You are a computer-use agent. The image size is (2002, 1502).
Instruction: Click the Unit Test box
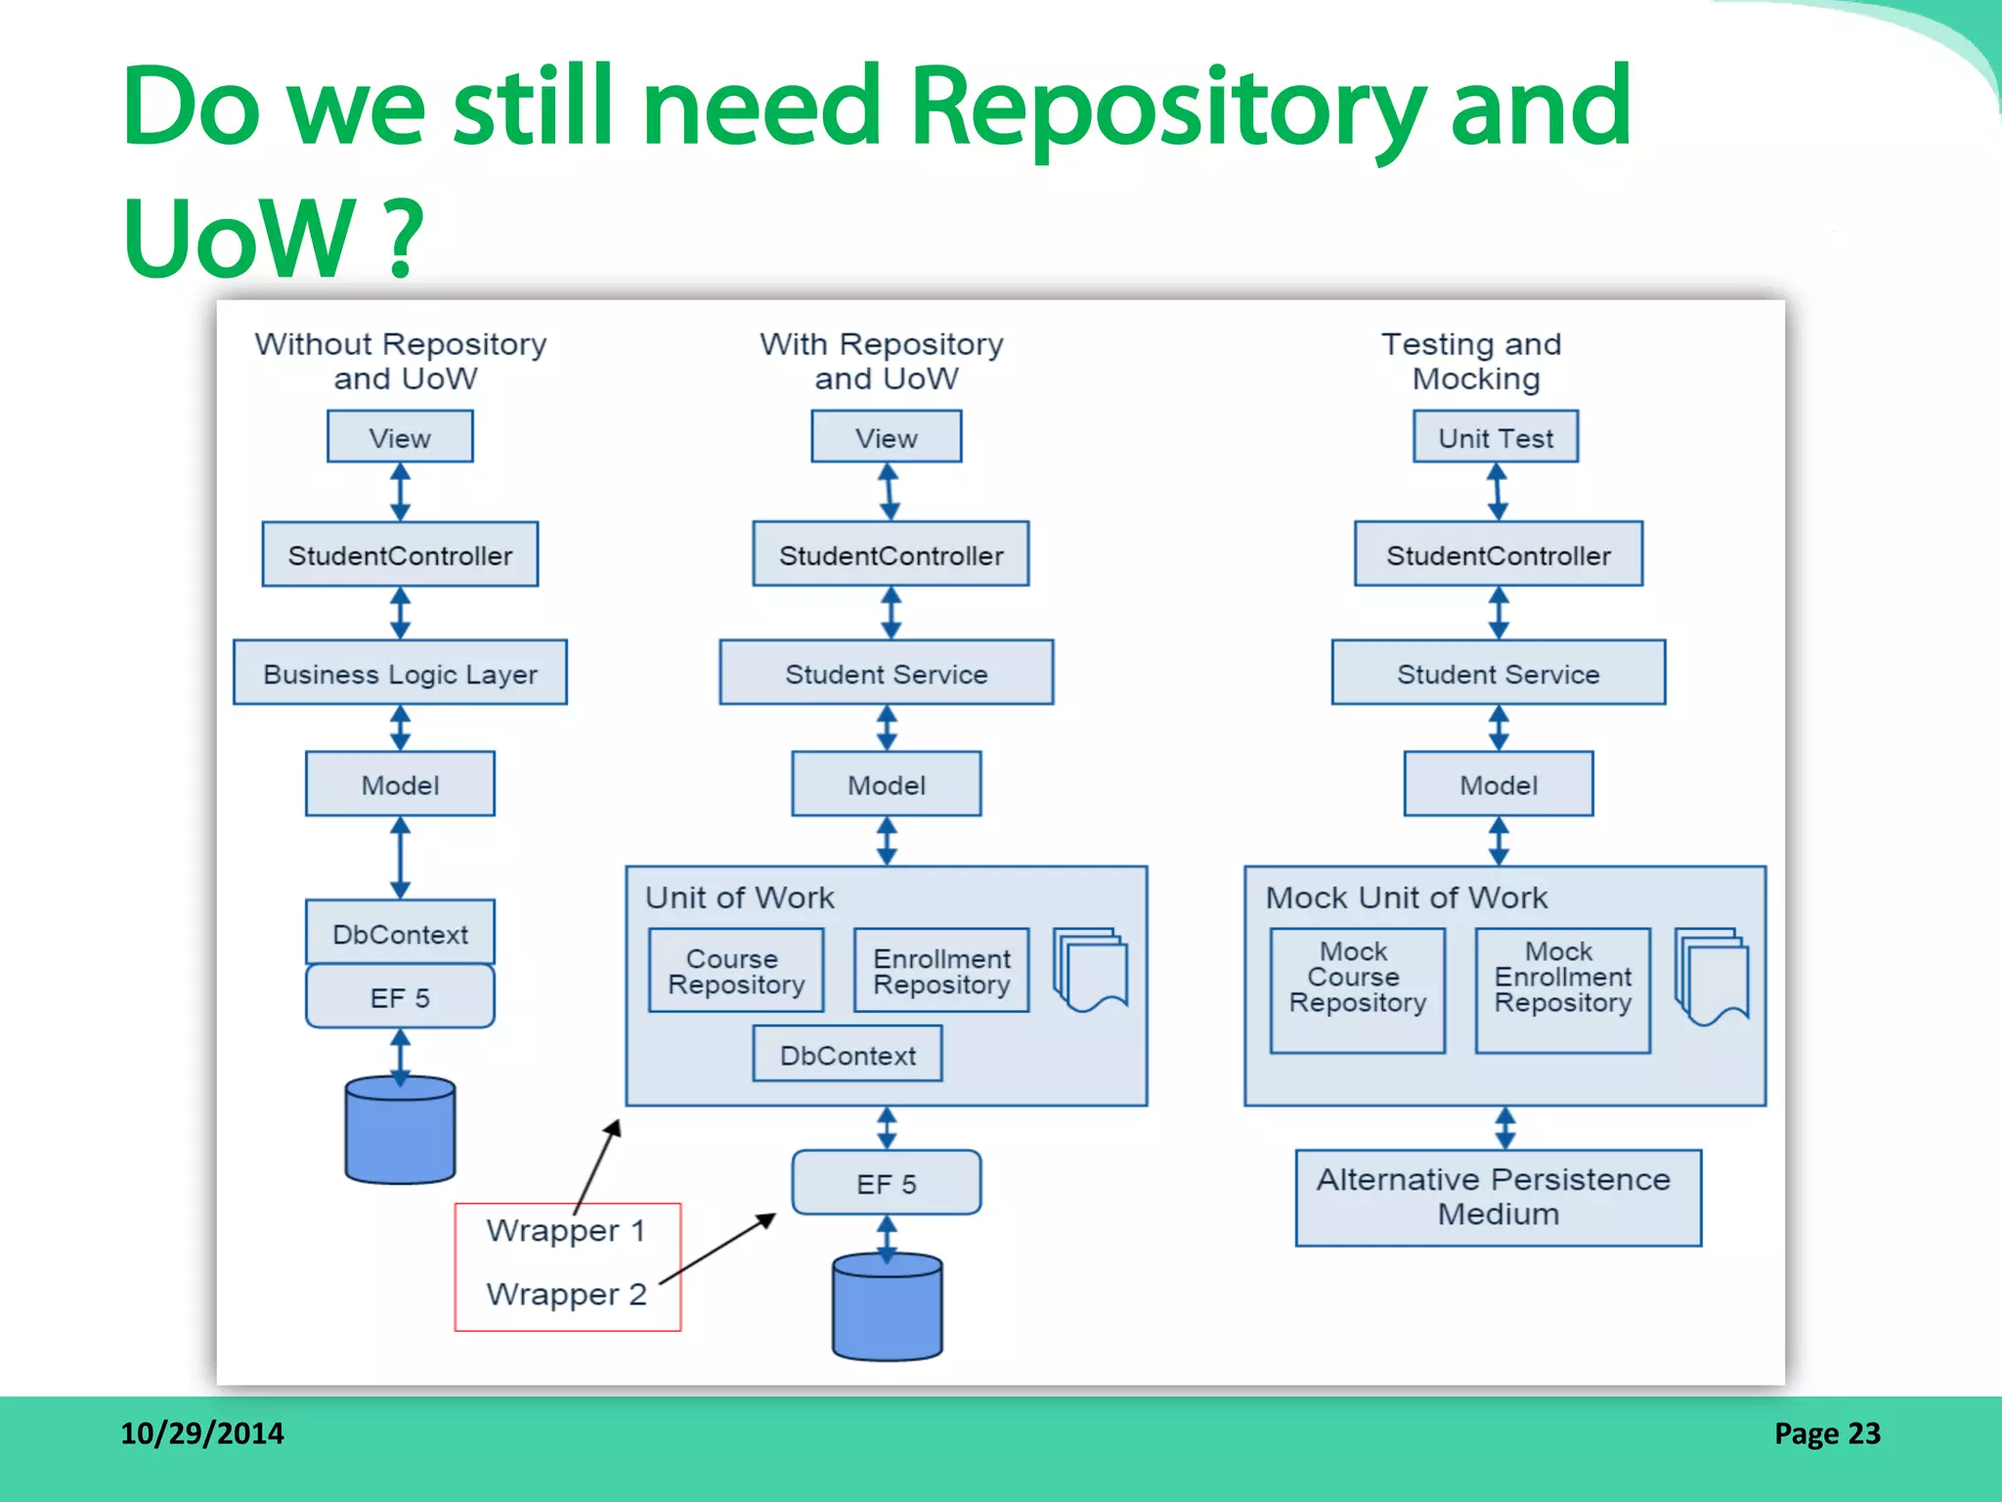click(x=1495, y=437)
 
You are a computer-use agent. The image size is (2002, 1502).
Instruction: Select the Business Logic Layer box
click(x=400, y=673)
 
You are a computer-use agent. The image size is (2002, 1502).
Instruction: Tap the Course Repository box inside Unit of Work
click(x=736, y=971)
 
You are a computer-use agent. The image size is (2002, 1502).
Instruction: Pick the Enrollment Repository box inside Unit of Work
click(x=940, y=971)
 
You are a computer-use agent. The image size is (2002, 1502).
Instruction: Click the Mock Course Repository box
click(x=1357, y=990)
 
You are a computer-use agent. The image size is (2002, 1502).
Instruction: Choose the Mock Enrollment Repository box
click(x=1562, y=990)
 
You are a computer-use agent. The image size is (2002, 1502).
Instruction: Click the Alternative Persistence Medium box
click(x=1498, y=1197)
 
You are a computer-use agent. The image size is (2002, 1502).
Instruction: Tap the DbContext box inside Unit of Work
click(x=848, y=1054)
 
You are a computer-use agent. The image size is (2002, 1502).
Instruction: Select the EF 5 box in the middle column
click(x=886, y=1183)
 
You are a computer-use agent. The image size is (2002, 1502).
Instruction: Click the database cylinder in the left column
click(x=400, y=1131)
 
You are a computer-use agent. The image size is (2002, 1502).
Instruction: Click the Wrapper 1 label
click(x=566, y=1230)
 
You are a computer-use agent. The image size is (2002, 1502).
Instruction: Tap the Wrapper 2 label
click(x=566, y=1294)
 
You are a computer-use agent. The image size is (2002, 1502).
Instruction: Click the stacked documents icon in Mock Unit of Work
click(x=1712, y=976)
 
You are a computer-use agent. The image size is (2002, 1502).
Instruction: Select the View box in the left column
click(x=400, y=437)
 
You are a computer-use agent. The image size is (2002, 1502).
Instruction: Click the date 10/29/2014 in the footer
click(x=201, y=1434)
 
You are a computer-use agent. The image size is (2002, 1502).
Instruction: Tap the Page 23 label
click(x=1826, y=1434)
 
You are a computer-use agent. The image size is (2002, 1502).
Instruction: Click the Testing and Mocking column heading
click(x=1472, y=361)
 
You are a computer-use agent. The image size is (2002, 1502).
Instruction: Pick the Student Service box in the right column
click(x=1498, y=673)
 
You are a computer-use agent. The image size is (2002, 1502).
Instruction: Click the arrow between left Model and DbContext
click(x=400, y=858)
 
